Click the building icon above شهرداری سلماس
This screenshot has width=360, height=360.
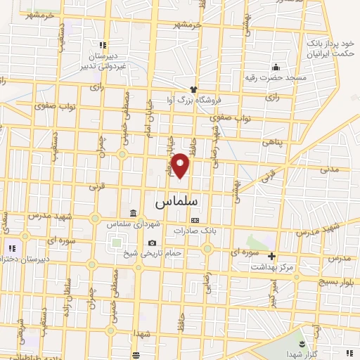(x=134, y=214)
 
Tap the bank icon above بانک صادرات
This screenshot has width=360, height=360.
(x=195, y=220)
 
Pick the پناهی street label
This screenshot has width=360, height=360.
(x=271, y=141)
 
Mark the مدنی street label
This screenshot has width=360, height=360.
(x=329, y=169)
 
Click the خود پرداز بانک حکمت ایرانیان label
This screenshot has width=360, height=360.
(x=331, y=47)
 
